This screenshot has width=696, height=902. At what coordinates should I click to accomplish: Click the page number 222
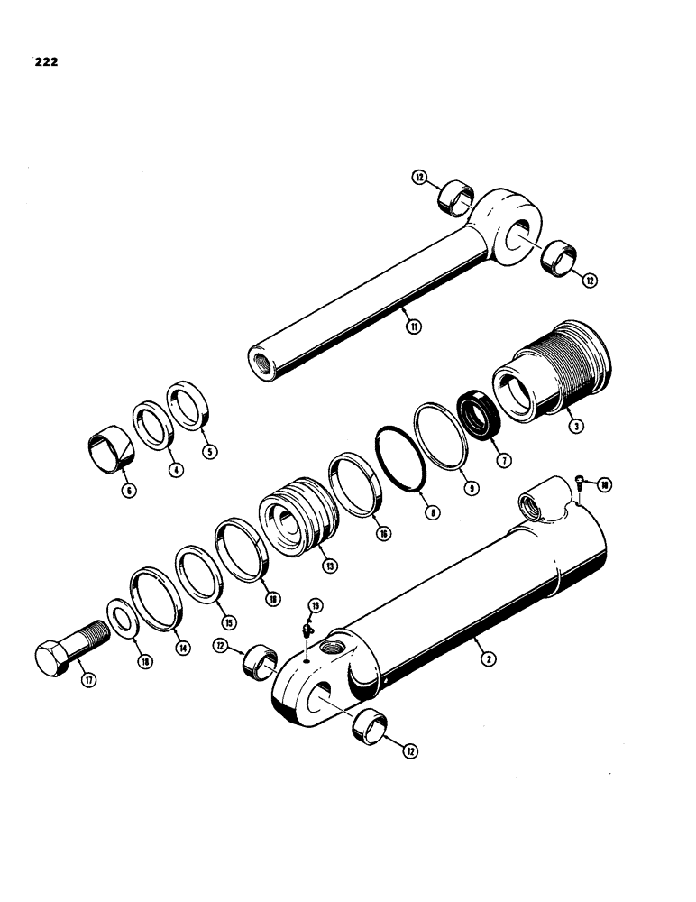coord(45,64)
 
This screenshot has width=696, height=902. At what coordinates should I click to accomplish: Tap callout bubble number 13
coord(330,566)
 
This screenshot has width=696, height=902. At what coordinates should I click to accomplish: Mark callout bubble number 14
coord(185,648)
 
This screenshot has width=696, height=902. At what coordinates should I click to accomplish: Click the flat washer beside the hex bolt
coord(122,616)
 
